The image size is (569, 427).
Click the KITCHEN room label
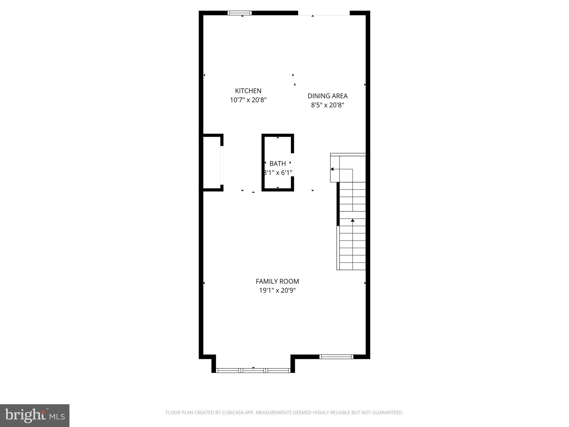click(248, 91)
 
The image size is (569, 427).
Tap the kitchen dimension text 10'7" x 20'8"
click(248, 100)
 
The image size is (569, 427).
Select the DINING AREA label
click(328, 96)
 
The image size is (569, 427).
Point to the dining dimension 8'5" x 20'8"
click(328, 105)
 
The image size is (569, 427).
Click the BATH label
click(278, 163)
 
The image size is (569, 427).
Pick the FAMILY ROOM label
click(277, 281)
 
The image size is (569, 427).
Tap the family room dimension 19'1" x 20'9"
click(277, 291)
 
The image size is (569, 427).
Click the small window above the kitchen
click(239, 13)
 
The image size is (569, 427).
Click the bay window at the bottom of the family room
click(253, 370)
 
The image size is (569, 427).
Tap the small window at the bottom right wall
click(336, 357)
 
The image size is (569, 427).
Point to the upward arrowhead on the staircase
click(353, 220)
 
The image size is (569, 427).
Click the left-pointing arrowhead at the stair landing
click(332, 169)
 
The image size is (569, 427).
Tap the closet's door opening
click(222, 165)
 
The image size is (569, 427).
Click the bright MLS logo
click(35, 415)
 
